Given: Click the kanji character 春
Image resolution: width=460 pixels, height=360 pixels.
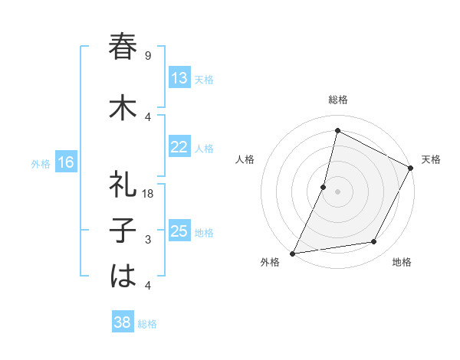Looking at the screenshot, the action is pos(123,47).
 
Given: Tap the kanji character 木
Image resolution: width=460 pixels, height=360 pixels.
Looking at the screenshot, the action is pos(123,108).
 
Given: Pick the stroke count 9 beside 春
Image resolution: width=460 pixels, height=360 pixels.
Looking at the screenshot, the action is pos(148,56).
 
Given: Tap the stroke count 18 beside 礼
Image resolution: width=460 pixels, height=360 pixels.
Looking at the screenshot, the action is pos(149,194).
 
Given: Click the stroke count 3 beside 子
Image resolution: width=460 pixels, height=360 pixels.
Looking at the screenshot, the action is pos(148,240).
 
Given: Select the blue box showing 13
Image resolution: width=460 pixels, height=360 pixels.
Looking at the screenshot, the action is pos(179,78).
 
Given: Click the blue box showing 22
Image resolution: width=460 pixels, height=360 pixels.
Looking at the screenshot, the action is pos(179,147).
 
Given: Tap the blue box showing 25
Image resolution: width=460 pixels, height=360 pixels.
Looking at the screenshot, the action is pos(179,231).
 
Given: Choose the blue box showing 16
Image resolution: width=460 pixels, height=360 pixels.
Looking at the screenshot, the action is pos(65,162).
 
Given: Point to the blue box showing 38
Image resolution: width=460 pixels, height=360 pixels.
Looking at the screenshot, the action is pos(123,322).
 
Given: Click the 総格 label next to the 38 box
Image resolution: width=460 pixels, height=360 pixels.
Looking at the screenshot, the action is pos(147,323).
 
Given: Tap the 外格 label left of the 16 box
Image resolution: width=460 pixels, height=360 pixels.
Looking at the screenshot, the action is pos(41,163).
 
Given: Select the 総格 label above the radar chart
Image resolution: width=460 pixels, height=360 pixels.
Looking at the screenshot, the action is pos(337,100).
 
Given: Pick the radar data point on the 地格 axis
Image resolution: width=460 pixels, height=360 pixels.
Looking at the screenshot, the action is pos(374,242).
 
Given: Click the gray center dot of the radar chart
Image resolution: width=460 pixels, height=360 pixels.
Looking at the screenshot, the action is pos(337,191).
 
